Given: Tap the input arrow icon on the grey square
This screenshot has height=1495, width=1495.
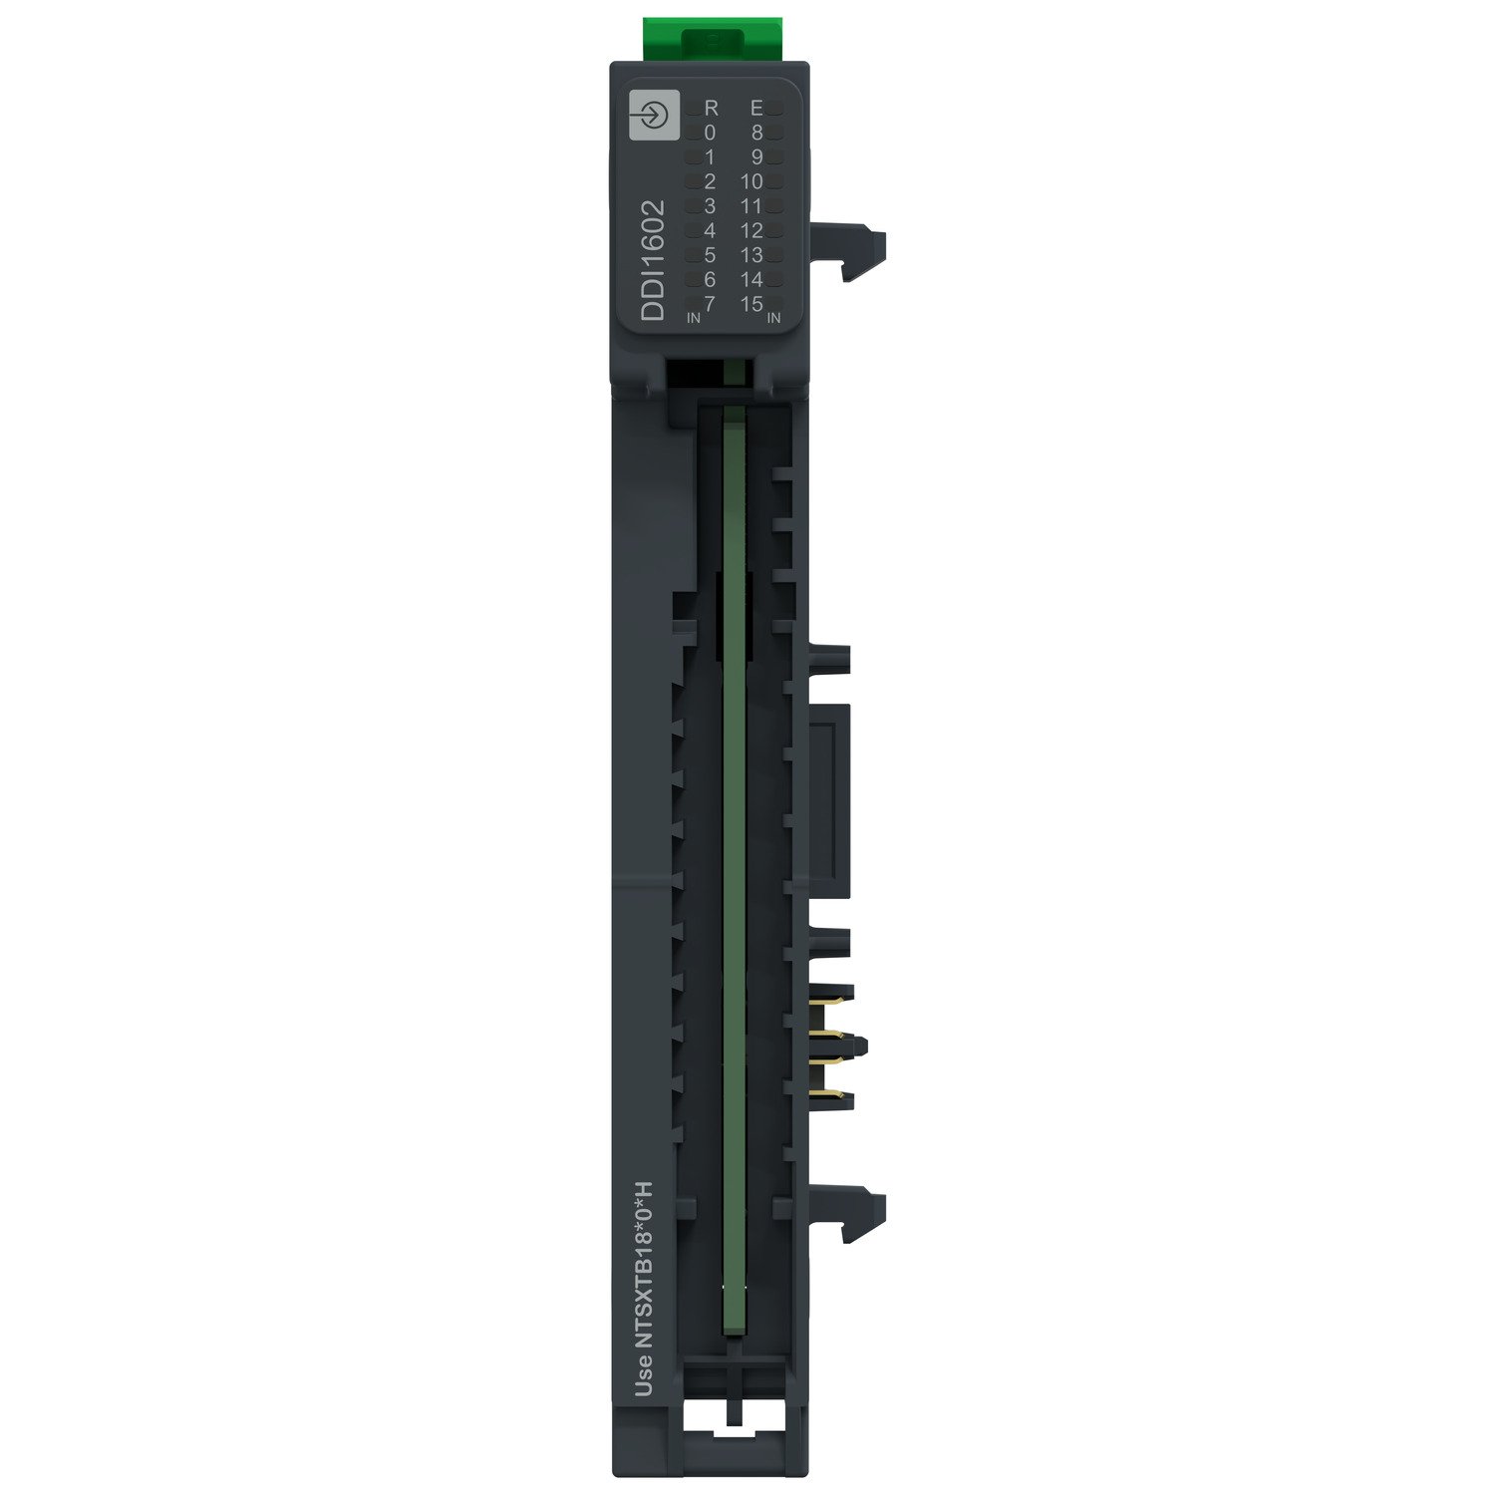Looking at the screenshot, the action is click(x=654, y=116).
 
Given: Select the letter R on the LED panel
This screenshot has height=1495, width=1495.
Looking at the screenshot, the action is click(x=711, y=108).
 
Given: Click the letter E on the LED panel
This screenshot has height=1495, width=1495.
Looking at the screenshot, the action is click(x=756, y=108).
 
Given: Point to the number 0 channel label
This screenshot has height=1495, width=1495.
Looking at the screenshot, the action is click(x=710, y=133).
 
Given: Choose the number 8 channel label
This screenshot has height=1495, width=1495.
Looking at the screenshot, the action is click(x=756, y=133).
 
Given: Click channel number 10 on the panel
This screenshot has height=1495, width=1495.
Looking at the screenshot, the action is click(x=751, y=181).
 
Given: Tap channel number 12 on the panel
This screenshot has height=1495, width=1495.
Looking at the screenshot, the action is click(x=751, y=230).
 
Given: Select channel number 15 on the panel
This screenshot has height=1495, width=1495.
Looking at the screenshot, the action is click(x=751, y=304).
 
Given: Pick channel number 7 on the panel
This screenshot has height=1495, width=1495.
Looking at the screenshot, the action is click(x=710, y=304).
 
